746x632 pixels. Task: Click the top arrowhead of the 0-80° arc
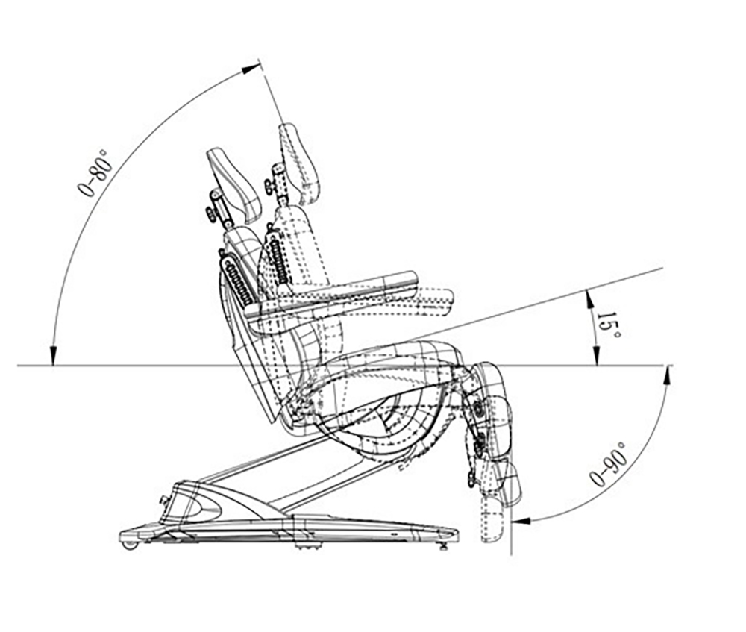point(251,69)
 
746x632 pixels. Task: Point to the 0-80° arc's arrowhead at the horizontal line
point(53,355)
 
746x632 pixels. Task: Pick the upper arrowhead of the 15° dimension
point(589,300)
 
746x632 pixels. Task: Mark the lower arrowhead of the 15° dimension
point(595,355)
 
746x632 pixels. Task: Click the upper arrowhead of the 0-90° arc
point(667,375)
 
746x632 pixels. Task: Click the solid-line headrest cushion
point(235,184)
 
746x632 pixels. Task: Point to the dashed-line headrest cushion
point(299,163)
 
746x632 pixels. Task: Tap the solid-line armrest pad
point(333,295)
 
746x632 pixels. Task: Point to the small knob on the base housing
point(166,500)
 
